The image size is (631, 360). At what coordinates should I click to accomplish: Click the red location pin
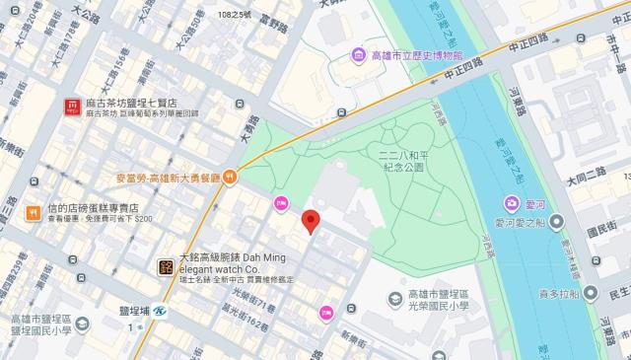click(311, 222)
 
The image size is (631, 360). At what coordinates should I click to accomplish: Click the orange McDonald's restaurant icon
click(229, 178)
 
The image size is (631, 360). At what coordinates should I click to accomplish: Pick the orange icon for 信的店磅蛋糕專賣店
click(33, 210)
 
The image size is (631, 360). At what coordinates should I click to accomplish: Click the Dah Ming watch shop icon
click(166, 265)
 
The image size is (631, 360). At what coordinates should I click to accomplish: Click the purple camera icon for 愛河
click(510, 204)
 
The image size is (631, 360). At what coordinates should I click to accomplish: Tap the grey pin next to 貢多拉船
click(589, 293)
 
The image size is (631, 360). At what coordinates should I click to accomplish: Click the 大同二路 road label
click(589, 181)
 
